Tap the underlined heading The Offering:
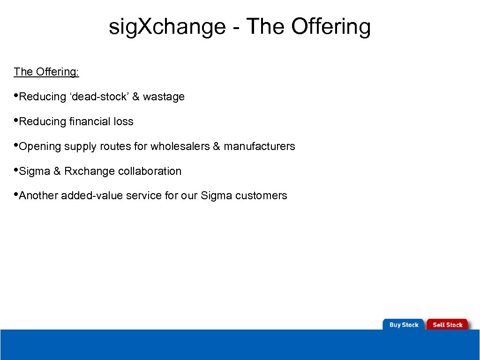point(46,72)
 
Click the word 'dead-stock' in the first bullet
point(99,97)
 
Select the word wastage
point(164,97)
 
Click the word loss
point(123,122)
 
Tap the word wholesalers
point(180,147)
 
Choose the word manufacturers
point(259,147)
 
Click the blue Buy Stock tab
point(404,325)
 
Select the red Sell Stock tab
point(447,325)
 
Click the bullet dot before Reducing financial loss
point(16,120)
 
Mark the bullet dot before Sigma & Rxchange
point(16,170)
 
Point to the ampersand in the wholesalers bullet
point(216,147)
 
